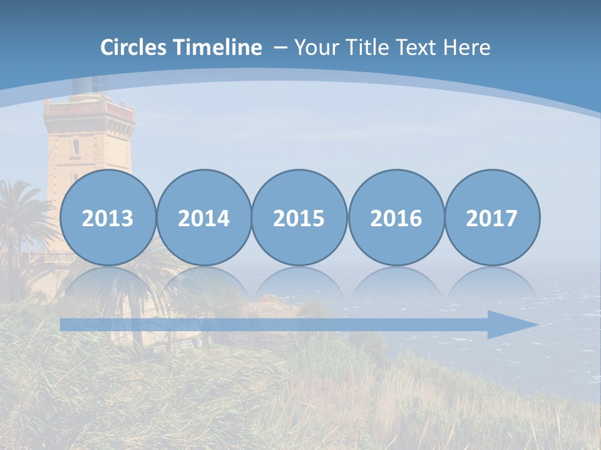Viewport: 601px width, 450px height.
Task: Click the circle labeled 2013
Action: coord(108,218)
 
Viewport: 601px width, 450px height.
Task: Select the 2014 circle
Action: coord(203,218)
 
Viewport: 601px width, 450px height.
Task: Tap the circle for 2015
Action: coord(299,218)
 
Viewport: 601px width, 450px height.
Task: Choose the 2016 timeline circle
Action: coord(396,218)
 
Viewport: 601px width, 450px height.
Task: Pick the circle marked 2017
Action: coord(491,218)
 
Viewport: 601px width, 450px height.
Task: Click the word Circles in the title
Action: coord(135,47)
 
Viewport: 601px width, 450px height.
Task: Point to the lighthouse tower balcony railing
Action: coord(89,108)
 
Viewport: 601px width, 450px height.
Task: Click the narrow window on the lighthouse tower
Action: coord(76,147)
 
